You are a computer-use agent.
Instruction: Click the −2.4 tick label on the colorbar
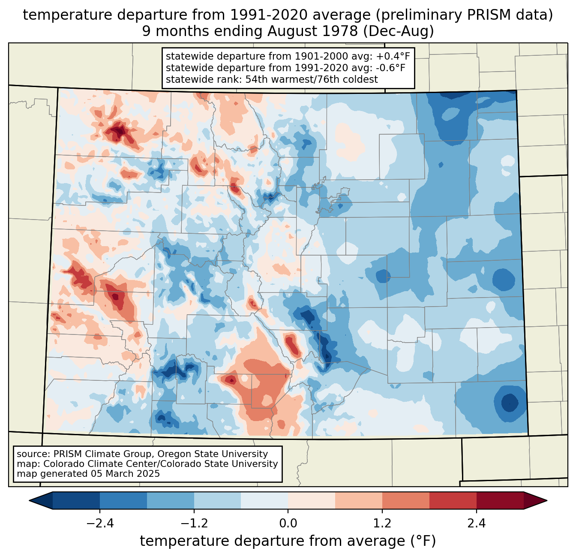point(100,524)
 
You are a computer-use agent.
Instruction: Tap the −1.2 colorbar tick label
point(194,524)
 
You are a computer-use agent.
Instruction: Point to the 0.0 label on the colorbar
point(288,524)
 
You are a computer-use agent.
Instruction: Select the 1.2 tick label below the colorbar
point(382,524)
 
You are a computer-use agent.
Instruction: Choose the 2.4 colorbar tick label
point(477,524)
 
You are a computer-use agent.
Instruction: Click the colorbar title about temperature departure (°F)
point(288,541)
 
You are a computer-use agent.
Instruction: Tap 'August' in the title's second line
point(292,32)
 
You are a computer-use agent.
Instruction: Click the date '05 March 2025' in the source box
point(125,474)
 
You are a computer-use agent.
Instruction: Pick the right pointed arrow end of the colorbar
point(535,500)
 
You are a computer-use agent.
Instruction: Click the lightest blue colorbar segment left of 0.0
point(264,500)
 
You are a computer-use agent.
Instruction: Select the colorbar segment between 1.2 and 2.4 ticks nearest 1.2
point(406,500)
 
